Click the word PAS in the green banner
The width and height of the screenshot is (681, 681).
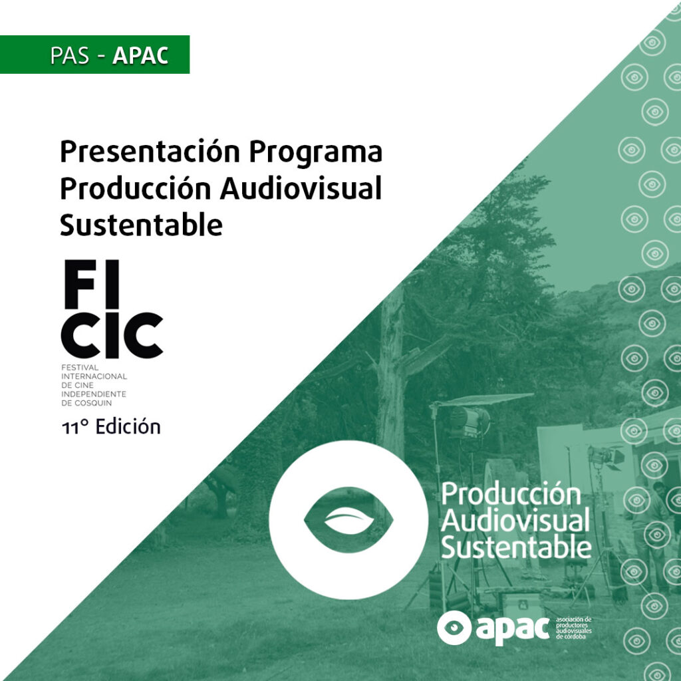pos(70,55)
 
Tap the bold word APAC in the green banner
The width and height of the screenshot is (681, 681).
pos(140,55)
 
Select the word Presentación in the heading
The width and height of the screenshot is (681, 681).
pos(150,152)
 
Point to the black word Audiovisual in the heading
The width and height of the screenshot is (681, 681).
pos(301,188)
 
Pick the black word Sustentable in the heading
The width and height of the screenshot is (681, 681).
pos(141,225)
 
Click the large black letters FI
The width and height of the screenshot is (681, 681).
pos(92,284)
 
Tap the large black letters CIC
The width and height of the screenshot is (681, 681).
pos(112,335)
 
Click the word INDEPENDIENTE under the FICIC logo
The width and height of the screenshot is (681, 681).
pos(94,394)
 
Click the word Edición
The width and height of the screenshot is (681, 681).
pos(128,426)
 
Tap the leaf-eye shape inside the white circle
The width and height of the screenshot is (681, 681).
pos(348,520)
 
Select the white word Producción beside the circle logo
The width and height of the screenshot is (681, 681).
pos(511,494)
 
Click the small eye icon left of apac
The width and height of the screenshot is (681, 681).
pos(454,628)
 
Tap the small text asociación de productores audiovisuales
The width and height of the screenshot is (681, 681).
pos(574,628)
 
